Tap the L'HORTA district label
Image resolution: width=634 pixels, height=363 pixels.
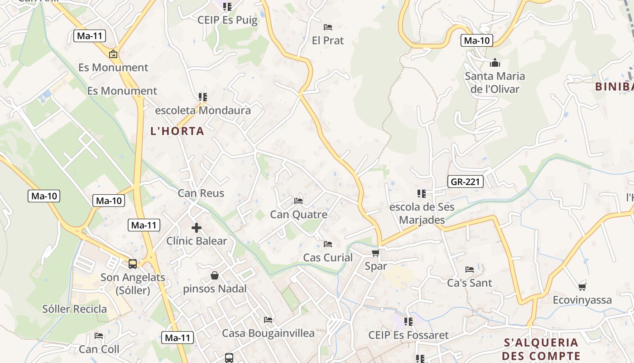click(178, 131)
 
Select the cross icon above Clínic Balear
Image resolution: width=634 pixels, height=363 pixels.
click(197, 228)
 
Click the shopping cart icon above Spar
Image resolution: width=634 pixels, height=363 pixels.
click(375, 253)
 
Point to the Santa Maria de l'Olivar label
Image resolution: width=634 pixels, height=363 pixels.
click(495, 82)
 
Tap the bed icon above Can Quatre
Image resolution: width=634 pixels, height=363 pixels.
click(298, 201)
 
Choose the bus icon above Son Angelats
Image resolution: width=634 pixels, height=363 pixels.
click(133, 264)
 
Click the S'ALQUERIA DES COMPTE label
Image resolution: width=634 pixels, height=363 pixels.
click(541, 348)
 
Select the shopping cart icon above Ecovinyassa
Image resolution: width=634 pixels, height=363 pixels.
click(582, 287)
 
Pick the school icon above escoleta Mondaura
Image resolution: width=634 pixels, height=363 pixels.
click(202, 97)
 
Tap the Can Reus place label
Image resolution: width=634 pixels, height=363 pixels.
click(201, 193)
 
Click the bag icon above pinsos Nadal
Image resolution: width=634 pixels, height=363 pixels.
click(215, 275)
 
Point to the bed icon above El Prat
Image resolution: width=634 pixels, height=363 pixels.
click(328, 27)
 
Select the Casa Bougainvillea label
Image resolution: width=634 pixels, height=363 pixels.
click(268, 334)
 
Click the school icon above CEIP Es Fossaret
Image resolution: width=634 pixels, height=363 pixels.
click(408, 322)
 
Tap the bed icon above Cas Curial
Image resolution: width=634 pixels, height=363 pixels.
click(328, 244)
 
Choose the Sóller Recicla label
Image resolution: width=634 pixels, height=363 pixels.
click(75, 309)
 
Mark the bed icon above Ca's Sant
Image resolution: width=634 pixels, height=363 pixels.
click(470, 270)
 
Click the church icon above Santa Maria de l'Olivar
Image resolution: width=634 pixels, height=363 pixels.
click(495, 63)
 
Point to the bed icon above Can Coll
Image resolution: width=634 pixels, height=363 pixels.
click(99, 336)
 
